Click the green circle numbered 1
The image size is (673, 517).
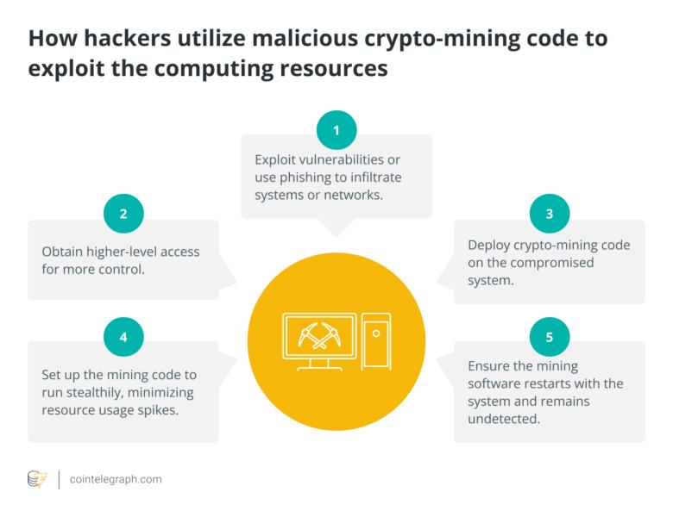coord(336,131)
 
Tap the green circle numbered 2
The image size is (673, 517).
coord(123,213)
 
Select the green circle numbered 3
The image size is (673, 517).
coord(549,214)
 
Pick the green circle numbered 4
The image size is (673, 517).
coord(123,338)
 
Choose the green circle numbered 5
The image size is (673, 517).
coord(549,338)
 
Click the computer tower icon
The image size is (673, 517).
coord(376,339)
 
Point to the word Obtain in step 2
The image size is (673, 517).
coord(63,252)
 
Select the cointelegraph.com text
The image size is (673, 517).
coord(116,479)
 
